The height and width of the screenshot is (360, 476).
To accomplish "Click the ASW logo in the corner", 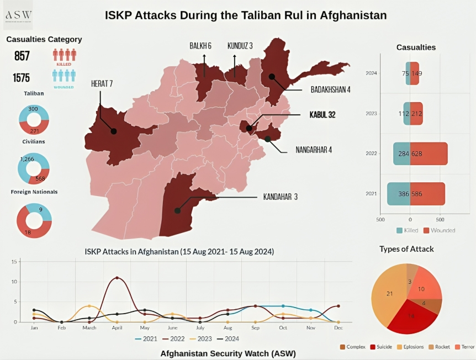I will coord(18,15).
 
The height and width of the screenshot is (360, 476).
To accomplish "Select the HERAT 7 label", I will coord(102,84).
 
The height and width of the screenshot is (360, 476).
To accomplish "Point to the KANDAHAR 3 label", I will coord(280,197).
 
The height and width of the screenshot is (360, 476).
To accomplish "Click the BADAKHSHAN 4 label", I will coord(330,89).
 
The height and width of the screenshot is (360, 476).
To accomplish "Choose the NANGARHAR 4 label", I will coord(313,150).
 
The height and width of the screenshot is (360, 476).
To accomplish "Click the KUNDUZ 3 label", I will coord(240,46).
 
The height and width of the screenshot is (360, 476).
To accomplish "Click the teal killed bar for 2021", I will coord(398,194).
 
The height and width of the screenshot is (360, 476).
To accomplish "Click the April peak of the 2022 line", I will coord(117,278).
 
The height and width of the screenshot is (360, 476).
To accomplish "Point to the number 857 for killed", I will coord(22,56).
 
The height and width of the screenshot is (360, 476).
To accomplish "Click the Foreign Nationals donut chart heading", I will coord(34,192).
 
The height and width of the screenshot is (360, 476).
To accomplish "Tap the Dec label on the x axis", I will coord(337,327).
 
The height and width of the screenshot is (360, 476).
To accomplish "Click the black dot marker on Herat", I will coord(113,131).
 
